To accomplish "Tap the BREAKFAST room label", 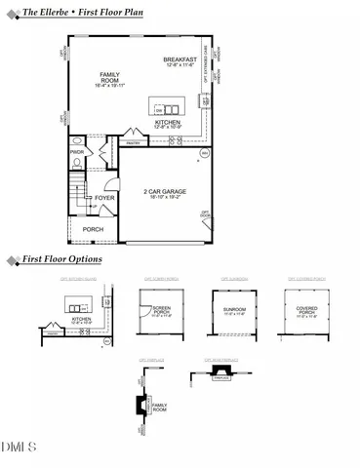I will pos(180,60).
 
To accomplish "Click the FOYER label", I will pos(104,198).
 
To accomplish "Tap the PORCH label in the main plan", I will pos(93,229).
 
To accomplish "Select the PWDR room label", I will pos(76,153).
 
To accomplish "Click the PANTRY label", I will pos(137,141).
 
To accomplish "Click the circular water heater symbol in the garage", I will pos(205,154).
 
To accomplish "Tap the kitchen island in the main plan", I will pos(167,106).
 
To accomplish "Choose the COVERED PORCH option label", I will pos(306,311).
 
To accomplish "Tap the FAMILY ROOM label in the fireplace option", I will pos(159,407).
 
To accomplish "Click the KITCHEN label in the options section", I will pos(81,318).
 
